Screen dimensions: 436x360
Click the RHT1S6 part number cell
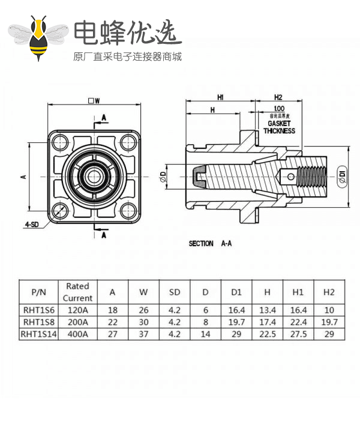click(x=38, y=310)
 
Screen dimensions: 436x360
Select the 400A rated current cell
click(x=77, y=334)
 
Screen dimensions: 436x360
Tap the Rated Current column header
click(x=77, y=292)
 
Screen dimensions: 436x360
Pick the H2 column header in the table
click(x=328, y=292)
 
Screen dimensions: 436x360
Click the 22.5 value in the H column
click(x=267, y=334)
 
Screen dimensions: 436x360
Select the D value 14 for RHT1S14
click(x=205, y=334)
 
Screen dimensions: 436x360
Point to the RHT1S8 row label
click(x=38, y=322)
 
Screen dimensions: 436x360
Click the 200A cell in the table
click(x=77, y=322)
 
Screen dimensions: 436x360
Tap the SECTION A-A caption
click(x=211, y=244)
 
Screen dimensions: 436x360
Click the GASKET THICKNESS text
click(x=279, y=127)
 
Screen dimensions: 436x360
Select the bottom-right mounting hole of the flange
click(x=128, y=211)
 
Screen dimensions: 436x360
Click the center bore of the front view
click(x=94, y=177)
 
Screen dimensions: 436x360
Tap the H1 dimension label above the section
click(x=220, y=97)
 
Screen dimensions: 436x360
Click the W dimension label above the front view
click(x=93, y=100)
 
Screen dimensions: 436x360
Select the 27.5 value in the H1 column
click(x=298, y=334)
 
